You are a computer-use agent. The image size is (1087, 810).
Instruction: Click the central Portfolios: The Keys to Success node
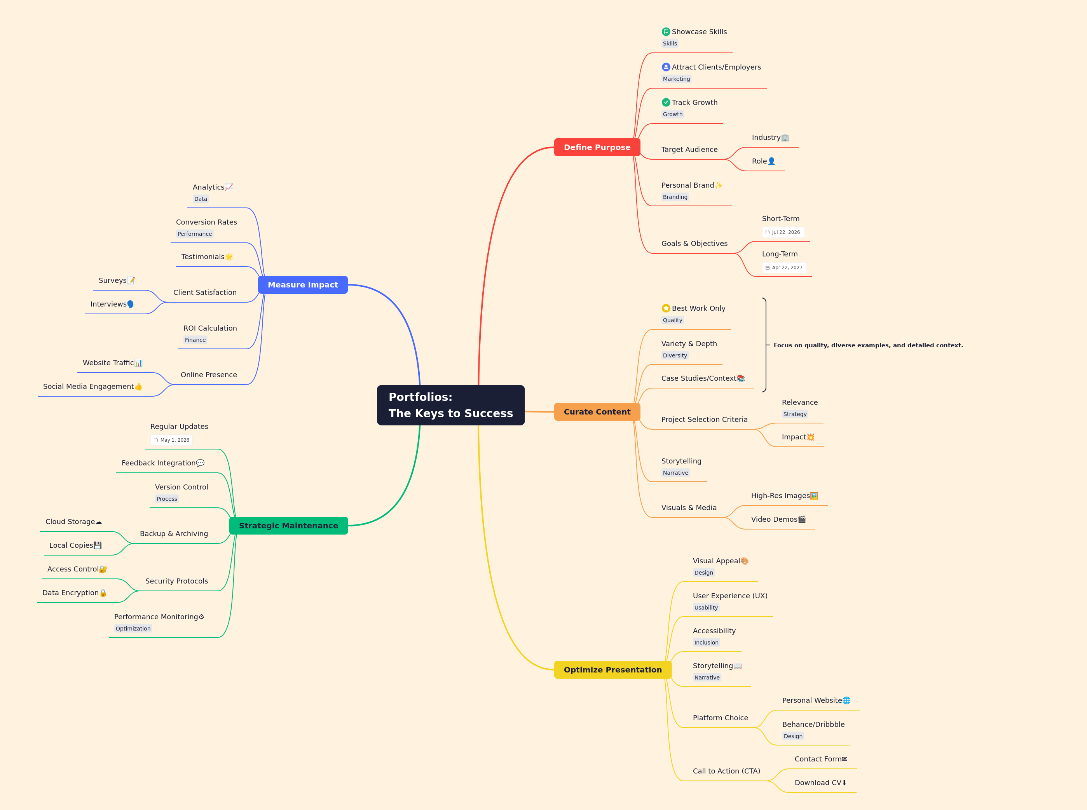coord(450,405)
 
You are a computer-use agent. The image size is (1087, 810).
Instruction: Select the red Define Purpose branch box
coord(597,147)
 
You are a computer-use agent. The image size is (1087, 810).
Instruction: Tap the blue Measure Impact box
coord(303,285)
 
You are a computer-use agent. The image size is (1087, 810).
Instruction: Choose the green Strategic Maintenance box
coord(288,526)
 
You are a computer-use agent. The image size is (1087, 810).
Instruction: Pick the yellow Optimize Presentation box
coord(612,670)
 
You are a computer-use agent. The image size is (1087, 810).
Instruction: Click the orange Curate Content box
coord(597,412)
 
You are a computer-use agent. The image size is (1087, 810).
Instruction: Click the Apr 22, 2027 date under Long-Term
coord(784,268)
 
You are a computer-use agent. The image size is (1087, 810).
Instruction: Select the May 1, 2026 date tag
coord(171,440)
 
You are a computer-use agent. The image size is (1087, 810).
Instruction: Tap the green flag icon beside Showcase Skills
coord(666,32)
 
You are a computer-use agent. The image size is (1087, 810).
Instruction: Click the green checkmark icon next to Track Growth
coord(666,103)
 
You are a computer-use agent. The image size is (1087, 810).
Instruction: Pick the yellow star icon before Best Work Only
coord(666,308)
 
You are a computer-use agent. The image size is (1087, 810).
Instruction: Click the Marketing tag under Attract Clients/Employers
coord(677,79)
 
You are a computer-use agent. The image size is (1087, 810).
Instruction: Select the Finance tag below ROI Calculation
coord(195,340)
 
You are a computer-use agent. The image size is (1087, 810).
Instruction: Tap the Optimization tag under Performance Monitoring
coord(133,629)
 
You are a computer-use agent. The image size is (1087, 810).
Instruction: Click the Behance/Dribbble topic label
coord(813,724)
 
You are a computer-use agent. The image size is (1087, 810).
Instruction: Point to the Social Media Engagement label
coord(88,387)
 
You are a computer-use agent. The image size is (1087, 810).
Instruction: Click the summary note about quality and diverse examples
coord(868,345)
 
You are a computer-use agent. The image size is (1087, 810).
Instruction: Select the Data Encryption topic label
coord(71,593)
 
